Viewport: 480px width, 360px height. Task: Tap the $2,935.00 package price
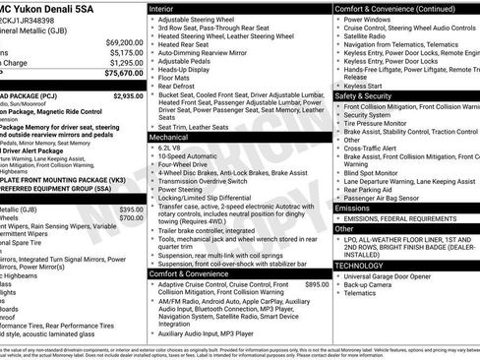click(128, 96)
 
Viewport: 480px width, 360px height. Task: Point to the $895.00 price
click(317, 284)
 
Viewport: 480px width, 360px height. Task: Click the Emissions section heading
click(359, 209)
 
